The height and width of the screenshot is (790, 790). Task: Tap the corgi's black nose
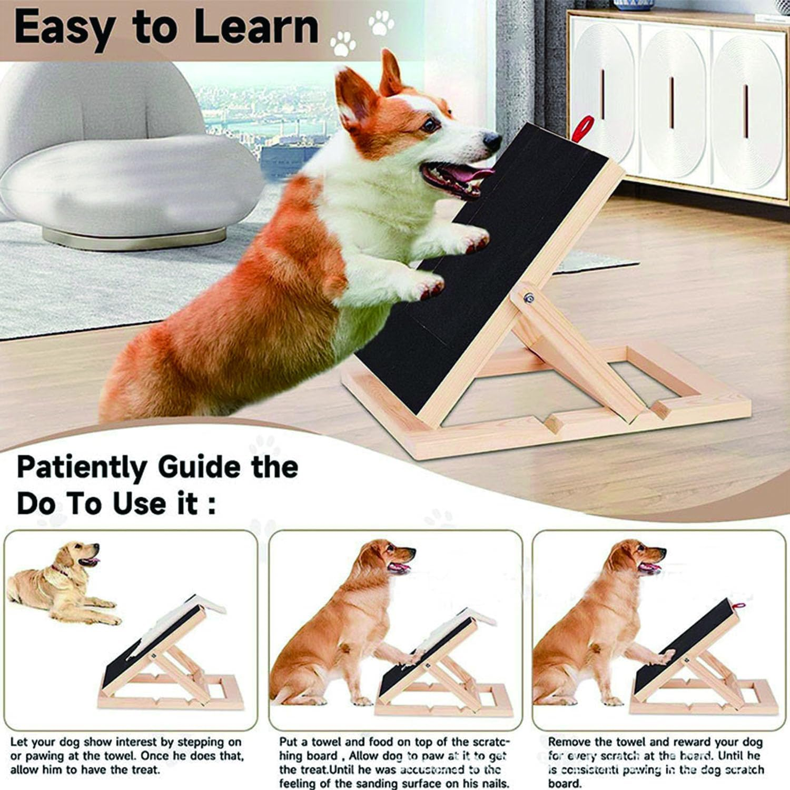click(492, 141)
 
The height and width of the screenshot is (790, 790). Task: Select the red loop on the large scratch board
click(584, 129)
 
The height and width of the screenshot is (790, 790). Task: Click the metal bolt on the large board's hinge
click(529, 299)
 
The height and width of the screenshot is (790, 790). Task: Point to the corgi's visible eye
click(431, 124)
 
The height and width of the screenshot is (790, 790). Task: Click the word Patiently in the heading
click(82, 468)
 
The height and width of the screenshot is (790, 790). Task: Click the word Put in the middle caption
click(289, 743)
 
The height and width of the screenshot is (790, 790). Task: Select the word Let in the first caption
click(19, 743)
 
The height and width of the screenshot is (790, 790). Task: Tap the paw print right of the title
click(342, 43)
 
